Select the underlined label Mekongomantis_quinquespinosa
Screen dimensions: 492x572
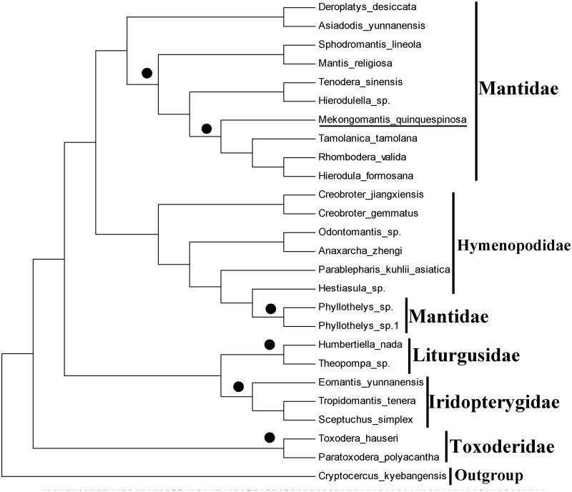click(x=392, y=119)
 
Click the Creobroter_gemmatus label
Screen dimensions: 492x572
click(x=358, y=212)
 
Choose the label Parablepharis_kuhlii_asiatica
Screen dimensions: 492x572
click(x=383, y=270)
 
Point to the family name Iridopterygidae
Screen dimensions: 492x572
click(x=494, y=402)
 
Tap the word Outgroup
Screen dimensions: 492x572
click(x=489, y=475)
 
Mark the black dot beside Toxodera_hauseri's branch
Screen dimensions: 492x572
click(x=270, y=438)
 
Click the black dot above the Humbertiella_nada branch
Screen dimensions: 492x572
click(x=270, y=345)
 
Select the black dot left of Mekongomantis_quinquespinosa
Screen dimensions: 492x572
click(x=207, y=129)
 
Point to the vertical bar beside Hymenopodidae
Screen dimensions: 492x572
click(x=453, y=242)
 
